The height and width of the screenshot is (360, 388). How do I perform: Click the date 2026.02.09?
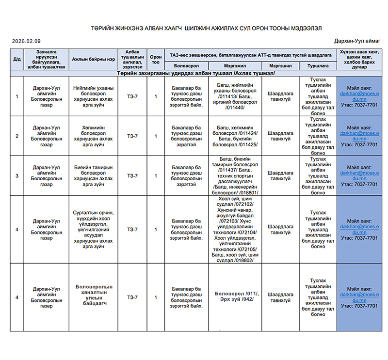(26, 41)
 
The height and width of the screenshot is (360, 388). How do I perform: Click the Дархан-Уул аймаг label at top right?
(357, 41)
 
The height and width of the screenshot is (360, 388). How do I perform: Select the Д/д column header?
(17, 59)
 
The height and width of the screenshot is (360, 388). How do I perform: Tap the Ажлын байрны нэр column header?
(94, 59)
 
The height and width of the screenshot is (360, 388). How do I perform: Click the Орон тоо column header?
(156, 59)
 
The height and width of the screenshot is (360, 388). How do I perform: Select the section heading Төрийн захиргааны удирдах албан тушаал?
(196, 73)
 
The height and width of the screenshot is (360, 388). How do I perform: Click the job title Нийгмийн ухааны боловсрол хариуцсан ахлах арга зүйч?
(93, 96)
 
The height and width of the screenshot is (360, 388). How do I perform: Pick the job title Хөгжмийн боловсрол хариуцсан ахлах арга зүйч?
(93, 136)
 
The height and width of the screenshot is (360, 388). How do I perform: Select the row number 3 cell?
(17, 176)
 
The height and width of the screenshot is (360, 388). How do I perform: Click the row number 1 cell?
(17, 96)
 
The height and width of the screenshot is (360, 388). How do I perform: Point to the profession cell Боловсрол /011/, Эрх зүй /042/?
(237, 296)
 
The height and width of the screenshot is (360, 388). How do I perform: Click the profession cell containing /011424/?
(237, 136)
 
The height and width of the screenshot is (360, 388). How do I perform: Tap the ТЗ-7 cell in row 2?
(132, 136)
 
